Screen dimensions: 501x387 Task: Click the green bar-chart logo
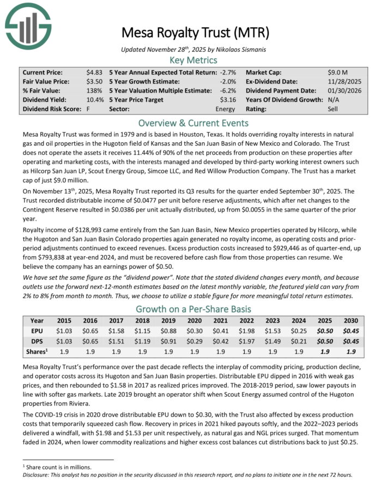[27, 25]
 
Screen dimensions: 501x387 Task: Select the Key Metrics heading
[193, 60]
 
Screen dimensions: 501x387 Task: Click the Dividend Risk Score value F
[88, 109]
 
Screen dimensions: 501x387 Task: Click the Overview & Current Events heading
[193, 123]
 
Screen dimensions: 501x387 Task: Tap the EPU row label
[37, 331]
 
